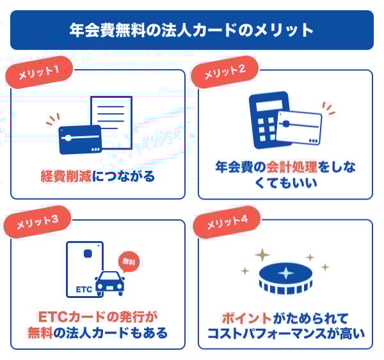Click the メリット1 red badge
39,72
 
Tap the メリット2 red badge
225,72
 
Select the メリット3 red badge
38,222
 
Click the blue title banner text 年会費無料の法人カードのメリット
191,30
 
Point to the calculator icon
269,120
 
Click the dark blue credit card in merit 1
80,139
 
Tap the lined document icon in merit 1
111,122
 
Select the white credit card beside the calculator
299,128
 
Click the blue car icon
109,283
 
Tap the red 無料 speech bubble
129,262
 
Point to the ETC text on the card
84,290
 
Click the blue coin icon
285,278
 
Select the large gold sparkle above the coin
262,255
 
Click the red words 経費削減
66,176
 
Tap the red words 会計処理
292,167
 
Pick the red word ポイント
247,318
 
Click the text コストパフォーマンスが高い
286,334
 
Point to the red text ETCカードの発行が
98,317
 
